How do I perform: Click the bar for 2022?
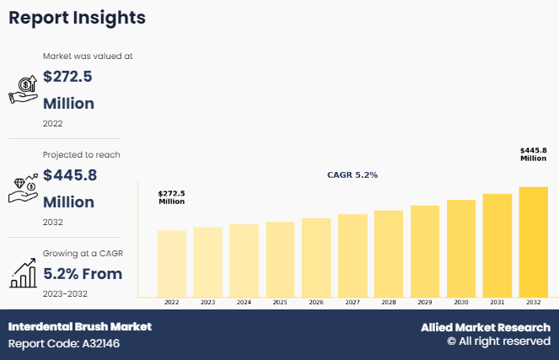[x=171, y=263]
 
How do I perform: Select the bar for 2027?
[x=352, y=255]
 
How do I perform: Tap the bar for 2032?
[x=533, y=242]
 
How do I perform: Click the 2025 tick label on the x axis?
[x=280, y=302]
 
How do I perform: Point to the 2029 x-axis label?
[x=425, y=302]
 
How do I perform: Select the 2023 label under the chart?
[x=207, y=302]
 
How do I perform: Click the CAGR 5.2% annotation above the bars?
[x=352, y=175]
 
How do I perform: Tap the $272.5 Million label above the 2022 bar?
[x=171, y=197]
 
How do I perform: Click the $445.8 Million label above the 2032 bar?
[x=533, y=154]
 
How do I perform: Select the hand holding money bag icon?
[x=23, y=89]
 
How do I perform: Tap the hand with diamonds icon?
[x=23, y=188]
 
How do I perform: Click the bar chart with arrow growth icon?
[x=23, y=271]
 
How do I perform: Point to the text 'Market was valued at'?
[x=88, y=56]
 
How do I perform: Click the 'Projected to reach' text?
[x=81, y=154]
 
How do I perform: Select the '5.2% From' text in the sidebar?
[x=83, y=273]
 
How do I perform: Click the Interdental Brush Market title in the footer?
[x=80, y=326]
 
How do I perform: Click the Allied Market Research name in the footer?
[x=486, y=327]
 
